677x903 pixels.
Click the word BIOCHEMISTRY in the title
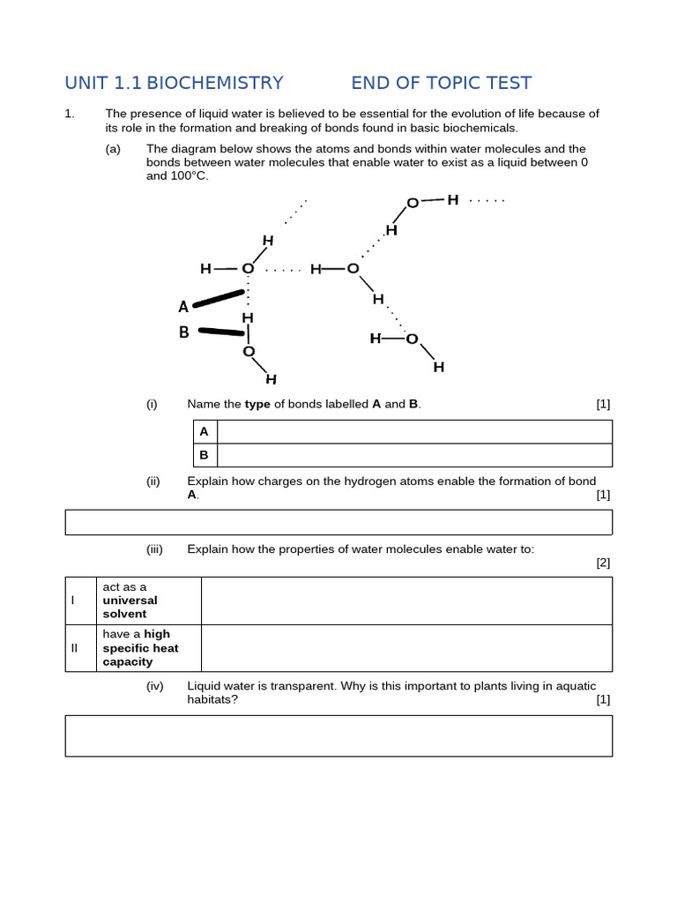coord(214,83)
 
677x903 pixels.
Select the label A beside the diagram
coord(183,307)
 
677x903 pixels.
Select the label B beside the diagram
coord(184,332)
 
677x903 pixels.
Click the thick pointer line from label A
coord(218,299)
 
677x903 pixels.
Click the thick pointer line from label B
coord(220,332)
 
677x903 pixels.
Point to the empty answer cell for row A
coord(413,431)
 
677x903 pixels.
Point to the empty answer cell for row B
coord(413,455)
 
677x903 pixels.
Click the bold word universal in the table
coord(130,601)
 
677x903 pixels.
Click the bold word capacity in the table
coord(128,661)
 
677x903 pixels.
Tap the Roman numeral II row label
coord(75,648)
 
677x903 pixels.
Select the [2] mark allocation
coord(602,562)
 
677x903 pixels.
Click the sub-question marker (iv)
coord(154,686)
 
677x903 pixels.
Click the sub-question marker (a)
coord(113,149)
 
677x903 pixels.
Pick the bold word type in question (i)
coord(257,404)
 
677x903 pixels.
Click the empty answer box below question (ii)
coord(338,522)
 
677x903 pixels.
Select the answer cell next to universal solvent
coord(406,601)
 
